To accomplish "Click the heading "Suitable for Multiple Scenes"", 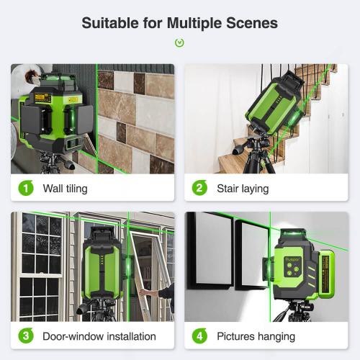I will (x=179, y=22).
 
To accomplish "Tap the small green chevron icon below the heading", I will (x=179, y=42).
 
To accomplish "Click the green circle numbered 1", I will (x=26, y=189).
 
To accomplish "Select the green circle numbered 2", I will (x=199, y=189).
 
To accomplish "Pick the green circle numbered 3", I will (x=26, y=336).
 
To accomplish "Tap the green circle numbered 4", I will (x=199, y=336).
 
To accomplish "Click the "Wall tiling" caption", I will (x=66, y=189).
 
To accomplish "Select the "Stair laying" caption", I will (x=243, y=189).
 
